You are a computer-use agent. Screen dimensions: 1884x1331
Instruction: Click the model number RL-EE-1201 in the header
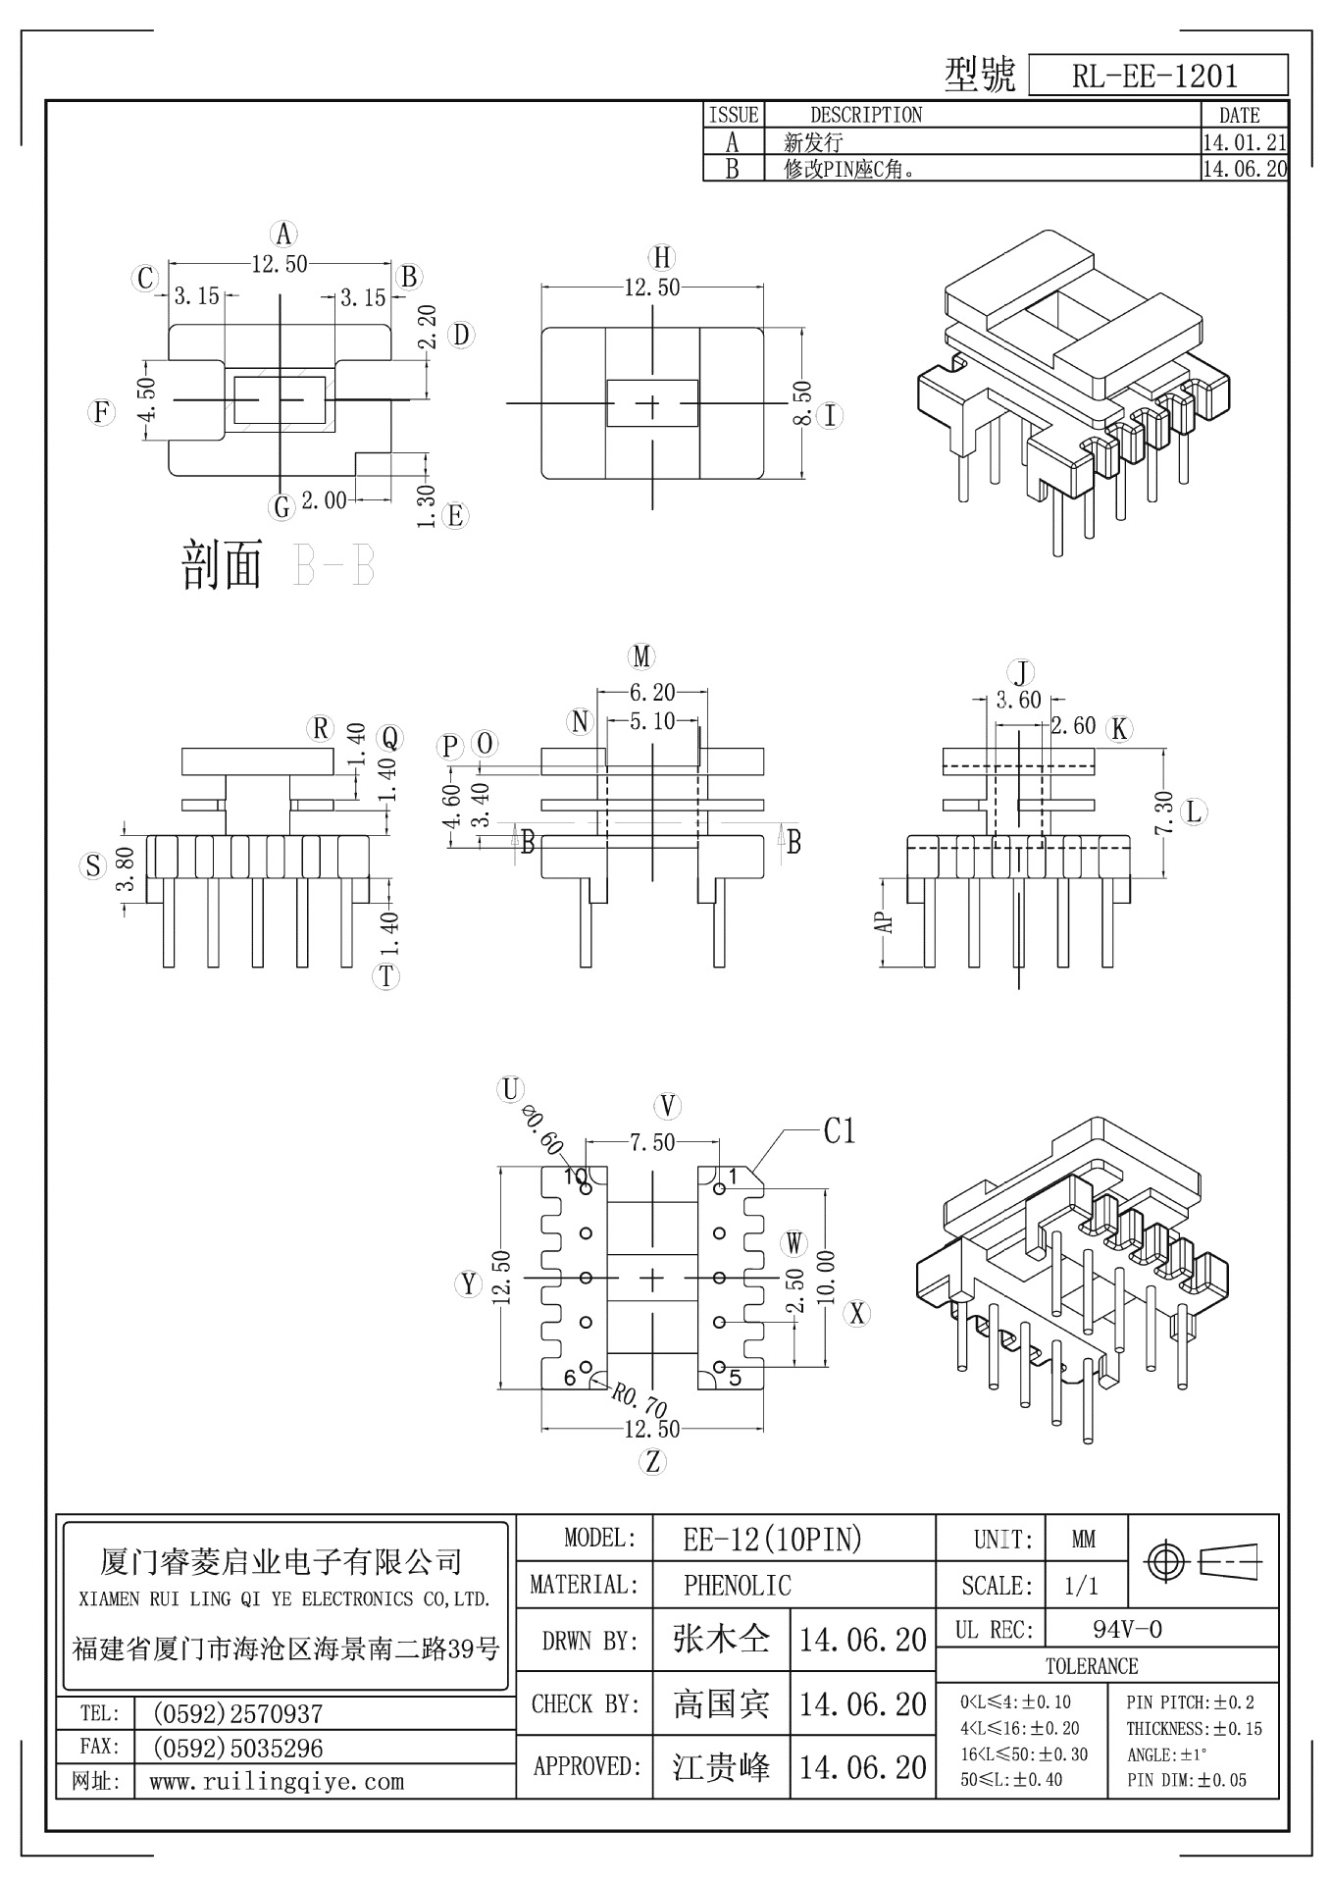1154,76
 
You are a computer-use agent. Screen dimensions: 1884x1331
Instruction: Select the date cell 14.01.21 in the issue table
1244,142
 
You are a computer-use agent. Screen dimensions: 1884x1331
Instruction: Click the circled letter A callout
282,234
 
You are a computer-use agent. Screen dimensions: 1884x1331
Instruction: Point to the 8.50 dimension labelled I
801,403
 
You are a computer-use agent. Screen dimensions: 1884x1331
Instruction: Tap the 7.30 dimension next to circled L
1164,812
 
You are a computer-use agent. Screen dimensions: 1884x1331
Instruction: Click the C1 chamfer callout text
840,1131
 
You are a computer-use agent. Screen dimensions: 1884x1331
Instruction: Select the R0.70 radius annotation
641,1401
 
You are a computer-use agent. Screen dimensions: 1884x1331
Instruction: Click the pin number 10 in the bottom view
574,1175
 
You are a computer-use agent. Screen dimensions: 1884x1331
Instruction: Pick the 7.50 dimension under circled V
652,1142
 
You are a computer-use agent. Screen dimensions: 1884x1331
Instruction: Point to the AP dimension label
885,922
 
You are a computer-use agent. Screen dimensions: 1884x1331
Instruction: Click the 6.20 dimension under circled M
652,693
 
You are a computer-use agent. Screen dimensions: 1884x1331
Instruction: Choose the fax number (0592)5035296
237,1748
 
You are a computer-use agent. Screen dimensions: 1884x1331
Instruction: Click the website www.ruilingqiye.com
276,1781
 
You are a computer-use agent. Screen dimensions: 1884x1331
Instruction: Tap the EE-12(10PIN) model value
772,1539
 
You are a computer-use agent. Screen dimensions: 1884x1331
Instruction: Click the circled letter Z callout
652,1461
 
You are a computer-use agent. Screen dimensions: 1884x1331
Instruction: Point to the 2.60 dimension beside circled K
1073,725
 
